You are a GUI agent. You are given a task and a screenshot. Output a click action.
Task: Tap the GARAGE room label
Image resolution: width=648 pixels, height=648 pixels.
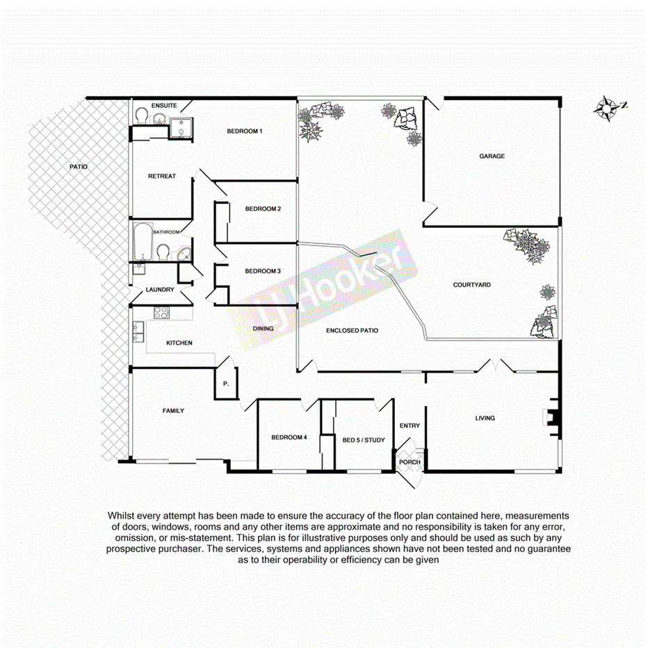[x=492, y=156]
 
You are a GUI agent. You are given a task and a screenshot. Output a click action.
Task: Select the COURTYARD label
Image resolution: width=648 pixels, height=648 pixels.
[x=472, y=285]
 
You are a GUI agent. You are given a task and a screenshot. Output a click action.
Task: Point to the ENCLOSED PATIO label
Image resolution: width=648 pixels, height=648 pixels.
[x=352, y=331]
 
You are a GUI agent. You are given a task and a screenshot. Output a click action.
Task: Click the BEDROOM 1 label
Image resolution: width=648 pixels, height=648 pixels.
[x=245, y=131]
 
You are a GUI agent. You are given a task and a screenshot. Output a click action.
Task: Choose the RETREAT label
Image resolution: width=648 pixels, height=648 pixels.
[x=161, y=177]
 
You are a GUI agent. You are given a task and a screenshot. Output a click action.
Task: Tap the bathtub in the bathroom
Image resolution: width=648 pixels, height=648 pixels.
[x=142, y=241]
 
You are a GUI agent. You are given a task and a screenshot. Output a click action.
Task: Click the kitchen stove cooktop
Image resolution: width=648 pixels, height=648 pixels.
[x=161, y=313]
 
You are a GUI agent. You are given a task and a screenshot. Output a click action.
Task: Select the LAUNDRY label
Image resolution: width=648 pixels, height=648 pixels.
[x=159, y=290]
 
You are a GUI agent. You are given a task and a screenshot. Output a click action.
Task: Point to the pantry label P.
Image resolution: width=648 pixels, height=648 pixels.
[x=225, y=384]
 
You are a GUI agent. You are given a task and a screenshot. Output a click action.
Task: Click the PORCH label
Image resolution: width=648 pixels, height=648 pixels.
[x=410, y=462]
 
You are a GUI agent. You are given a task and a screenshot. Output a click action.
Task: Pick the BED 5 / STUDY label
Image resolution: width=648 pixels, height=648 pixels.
[x=364, y=440]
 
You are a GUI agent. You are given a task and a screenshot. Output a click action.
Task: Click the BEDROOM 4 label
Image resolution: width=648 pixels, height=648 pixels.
[x=289, y=437]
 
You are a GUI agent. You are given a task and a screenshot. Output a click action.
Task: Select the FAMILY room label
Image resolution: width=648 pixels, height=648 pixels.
[x=173, y=411]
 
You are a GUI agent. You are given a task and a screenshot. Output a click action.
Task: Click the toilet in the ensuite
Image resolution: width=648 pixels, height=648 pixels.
[x=141, y=115]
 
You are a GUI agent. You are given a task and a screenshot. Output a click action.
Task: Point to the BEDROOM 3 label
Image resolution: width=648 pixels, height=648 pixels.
[x=263, y=271]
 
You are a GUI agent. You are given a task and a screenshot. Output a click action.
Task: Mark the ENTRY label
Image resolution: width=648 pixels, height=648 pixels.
[x=410, y=426]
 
